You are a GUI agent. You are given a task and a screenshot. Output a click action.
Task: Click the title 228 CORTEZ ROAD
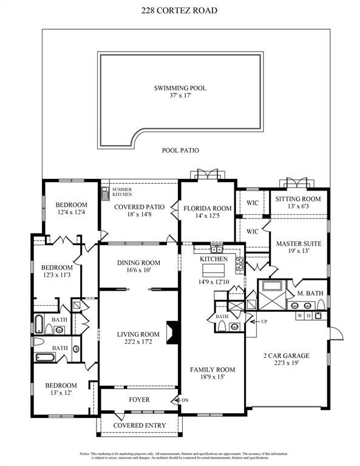point(180,10)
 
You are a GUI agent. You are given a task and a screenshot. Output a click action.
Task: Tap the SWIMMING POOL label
point(180,88)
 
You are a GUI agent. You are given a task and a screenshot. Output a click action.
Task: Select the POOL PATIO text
point(180,150)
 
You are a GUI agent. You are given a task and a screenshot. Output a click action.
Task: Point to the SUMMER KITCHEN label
point(121,191)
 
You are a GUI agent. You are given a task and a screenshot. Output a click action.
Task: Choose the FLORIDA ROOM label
point(208,208)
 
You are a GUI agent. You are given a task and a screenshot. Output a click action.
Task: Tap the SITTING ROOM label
point(297,199)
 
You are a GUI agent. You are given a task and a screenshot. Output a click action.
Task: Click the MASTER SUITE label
point(298,244)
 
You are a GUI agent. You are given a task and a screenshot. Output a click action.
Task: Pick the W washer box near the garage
point(299,316)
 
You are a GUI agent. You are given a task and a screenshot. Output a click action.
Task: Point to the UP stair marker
point(264,321)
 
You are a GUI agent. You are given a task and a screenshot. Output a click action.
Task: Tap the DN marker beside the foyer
point(185,400)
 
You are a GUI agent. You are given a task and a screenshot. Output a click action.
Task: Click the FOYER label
point(139,400)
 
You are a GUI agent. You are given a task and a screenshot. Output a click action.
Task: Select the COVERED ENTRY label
point(139,425)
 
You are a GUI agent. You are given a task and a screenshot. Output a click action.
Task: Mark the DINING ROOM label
point(138,263)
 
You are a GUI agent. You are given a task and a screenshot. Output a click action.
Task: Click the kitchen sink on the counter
point(217,249)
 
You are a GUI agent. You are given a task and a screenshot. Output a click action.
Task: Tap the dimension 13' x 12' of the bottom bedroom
point(59,393)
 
